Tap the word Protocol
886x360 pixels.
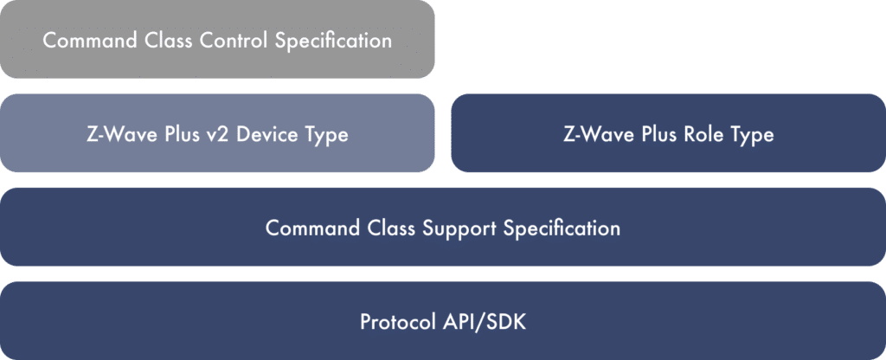click(394, 322)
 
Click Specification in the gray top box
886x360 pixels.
click(337, 41)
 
